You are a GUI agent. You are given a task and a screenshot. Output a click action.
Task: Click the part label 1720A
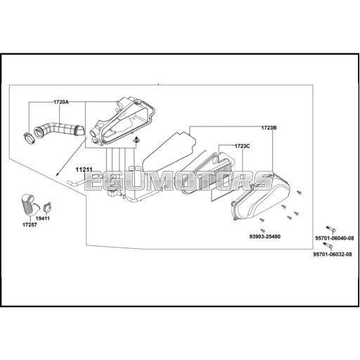[x=61, y=102]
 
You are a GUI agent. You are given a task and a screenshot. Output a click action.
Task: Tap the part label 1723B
[x=269, y=128]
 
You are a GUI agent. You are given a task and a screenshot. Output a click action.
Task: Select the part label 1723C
[x=243, y=146]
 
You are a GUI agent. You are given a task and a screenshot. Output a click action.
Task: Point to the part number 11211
[x=84, y=169]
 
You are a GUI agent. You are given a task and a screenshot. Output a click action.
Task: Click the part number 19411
[x=43, y=219]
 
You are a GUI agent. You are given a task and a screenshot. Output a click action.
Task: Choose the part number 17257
[x=30, y=225]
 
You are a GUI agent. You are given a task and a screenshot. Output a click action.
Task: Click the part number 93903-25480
[x=264, y=236]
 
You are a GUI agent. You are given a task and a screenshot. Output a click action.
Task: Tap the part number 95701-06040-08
[x=334, y=238]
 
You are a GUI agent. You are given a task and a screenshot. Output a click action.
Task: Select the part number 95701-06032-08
[x=333, y=255]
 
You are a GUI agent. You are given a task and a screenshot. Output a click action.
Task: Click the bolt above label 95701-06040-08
[x=330, y=229]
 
